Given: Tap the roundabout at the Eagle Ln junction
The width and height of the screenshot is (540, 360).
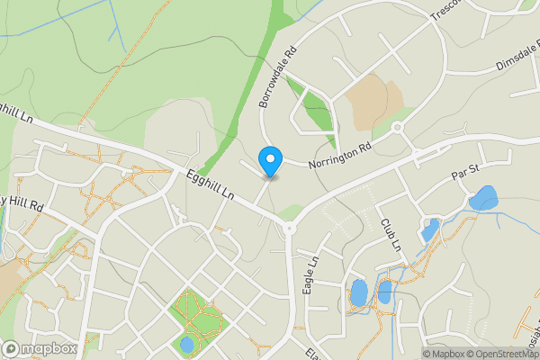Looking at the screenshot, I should (290, 229).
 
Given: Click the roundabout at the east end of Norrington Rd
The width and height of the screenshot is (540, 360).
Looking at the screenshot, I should (397, 128).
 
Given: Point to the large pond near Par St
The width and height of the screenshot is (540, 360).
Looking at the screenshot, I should (483, 197).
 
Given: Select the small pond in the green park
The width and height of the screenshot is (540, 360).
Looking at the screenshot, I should (187, 344).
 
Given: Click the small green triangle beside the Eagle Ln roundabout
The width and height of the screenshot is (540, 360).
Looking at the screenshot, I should (289, 212).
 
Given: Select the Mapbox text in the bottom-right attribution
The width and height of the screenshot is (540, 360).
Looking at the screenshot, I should (444, 353).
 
